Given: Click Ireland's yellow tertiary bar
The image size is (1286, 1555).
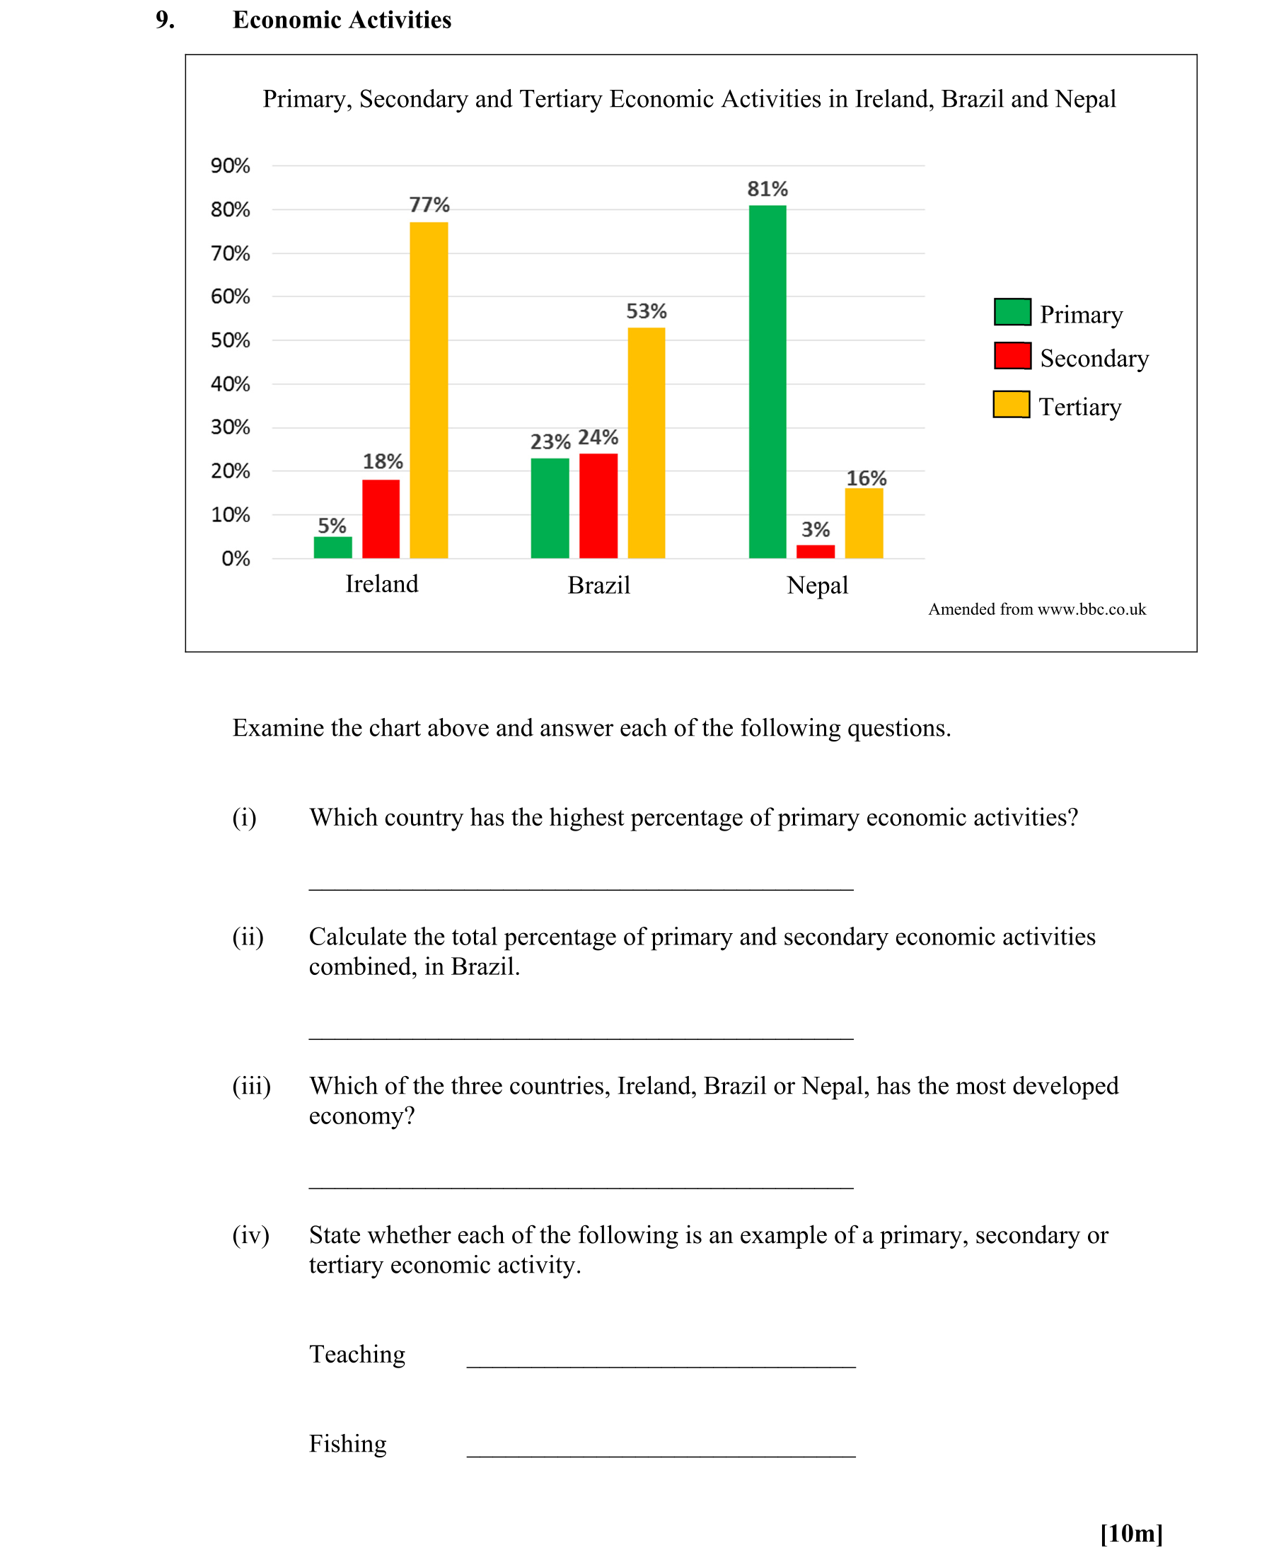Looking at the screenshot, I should coord(429,391).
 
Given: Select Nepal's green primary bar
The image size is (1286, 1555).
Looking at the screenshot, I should coord(767,381).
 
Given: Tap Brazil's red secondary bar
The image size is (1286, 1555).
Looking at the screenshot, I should coord(598,506).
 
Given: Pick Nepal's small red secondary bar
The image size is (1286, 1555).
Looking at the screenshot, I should coord(815,552).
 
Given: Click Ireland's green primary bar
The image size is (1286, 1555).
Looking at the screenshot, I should coord(332,547).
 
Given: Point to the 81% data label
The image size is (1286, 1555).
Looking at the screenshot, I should coord(767,189).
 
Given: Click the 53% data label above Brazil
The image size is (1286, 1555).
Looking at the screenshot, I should coord(647,311).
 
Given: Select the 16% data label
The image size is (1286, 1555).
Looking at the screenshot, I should coord(866,478).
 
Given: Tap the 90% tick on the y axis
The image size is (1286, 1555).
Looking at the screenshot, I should coord(231,166).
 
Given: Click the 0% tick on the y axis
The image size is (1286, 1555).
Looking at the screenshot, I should coord(236,559).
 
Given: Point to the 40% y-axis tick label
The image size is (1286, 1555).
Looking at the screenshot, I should coord(231,384).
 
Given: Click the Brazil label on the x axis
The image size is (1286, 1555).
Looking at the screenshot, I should coord(599,586).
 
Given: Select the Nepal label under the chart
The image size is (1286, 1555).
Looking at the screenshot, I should coord(817,586).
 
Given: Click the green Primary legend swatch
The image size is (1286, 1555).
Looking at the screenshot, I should coord(1012,313).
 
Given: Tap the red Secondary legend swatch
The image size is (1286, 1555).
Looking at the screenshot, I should coord(1012,356).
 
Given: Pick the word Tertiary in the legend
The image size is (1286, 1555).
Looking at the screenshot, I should coord(1079,407).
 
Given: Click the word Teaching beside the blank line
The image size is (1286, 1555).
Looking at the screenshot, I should coord(357,1354).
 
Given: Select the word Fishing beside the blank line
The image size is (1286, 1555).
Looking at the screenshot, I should coord(347,1444).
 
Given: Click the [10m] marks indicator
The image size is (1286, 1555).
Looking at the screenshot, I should coord(1131,1533).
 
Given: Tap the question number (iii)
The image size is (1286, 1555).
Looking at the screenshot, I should coord(251,1086).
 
